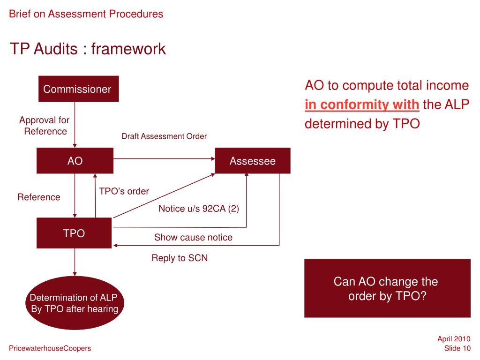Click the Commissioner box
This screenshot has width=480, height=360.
(x=77, y=89)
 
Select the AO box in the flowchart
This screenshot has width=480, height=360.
(x=75, y=161)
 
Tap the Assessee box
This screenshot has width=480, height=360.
(x=253, y=161)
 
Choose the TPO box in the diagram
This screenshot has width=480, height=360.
(x=74, y=233)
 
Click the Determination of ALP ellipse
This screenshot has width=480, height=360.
(x=74, y=303)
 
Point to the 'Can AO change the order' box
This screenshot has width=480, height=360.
(x=387, y=289)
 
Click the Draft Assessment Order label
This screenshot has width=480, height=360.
(x=164, y=136)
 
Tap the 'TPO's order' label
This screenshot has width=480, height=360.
(x=124, y=191)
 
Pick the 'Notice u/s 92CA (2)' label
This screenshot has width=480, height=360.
(x=199, y=209)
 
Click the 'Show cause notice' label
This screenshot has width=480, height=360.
(x=193, y=238)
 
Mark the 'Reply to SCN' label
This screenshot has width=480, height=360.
(x=180, y=258)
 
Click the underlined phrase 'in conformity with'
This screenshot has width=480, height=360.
(x=362, y=105)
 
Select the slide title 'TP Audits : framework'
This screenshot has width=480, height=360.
(x=88, y=48)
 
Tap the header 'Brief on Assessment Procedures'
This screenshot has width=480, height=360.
(x=86, y=14)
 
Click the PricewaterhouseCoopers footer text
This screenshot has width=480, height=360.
(x=50, y=348)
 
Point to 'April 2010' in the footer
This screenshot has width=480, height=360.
(x=454, y=339)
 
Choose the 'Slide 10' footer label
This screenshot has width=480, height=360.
(x=457, y=348)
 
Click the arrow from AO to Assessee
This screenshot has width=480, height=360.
(x=164, y=159)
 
